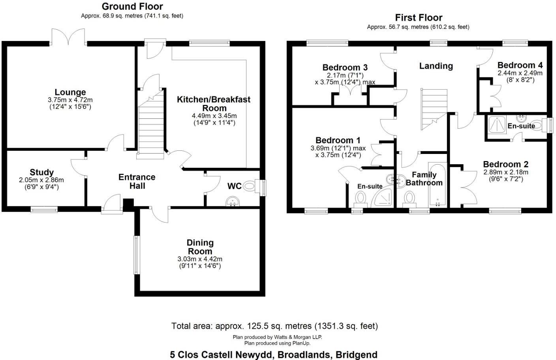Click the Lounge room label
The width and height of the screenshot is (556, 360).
(x=70, y=93)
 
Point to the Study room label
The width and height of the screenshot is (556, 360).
(x=41, y=172)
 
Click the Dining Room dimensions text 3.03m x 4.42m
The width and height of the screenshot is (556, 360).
(x=200, y=259)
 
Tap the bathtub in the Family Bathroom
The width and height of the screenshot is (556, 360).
(x=437, y=185)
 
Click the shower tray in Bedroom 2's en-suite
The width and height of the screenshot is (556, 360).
(x=497, y=124)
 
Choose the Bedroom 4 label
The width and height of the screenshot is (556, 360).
(x=520, y=66)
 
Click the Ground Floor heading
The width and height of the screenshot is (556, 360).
(x=132, y=6)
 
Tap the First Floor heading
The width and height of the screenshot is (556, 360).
(x=419, y=18)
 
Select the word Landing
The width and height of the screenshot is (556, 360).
(x=436, y=66)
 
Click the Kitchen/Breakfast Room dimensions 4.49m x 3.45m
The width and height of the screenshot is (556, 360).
(x=214, y=116)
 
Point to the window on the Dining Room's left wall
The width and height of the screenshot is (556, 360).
(x=136, y=255)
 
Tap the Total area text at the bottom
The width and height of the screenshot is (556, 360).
(x=274, y=326)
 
